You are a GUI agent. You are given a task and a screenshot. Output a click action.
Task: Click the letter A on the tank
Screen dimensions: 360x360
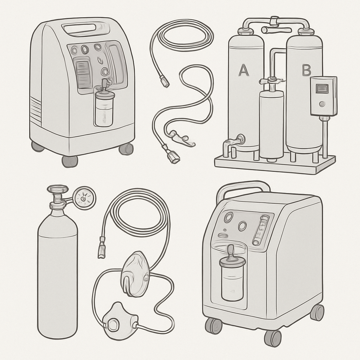244,70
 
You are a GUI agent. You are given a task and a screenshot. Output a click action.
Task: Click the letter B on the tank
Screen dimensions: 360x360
306,70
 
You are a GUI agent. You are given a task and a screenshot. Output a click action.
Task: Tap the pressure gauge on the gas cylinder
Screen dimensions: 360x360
84,198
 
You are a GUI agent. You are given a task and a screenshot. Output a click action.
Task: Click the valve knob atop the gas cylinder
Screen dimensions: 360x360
58,189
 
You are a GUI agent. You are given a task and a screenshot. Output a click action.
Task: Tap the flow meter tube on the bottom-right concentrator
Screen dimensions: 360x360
261,230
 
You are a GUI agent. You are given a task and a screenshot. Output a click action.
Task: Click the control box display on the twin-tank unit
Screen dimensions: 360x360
322,88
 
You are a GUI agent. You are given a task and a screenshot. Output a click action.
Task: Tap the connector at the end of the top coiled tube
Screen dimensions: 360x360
165,81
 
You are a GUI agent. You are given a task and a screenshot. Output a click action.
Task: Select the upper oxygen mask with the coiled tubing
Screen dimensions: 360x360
135,273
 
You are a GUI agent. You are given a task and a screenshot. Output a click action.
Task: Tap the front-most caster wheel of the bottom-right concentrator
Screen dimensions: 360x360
273,339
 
